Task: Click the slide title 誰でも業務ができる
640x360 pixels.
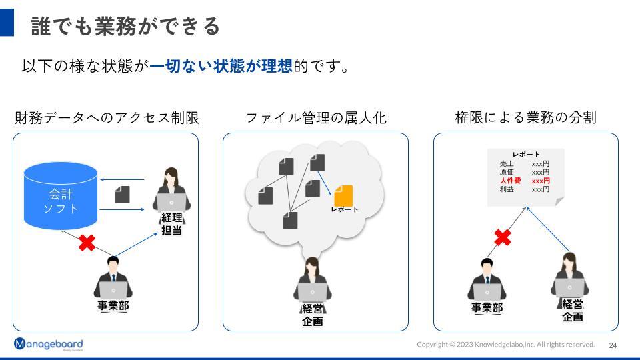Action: [125, 25]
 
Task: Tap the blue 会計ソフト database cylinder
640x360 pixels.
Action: [61, 197]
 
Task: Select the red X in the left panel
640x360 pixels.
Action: [87, 243]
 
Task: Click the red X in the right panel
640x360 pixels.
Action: [503, 237]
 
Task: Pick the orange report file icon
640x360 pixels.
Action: [343, 196]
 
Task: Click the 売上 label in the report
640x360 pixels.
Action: [507, 163]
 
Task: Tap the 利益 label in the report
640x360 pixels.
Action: [507, 189]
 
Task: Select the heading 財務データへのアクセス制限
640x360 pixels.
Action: [107, 118]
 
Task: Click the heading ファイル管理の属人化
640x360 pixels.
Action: [316, 118]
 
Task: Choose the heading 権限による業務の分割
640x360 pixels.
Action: [525, 118]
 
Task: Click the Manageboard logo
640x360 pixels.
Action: [48, 344]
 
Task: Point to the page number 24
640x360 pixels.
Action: [613, 345]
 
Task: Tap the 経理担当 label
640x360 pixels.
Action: [172, 224]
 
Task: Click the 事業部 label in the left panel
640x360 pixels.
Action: [113, 306]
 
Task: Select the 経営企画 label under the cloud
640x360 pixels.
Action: [312, 315]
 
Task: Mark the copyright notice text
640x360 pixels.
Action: [505, 345]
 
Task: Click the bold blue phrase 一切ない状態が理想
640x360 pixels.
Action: [221, 67]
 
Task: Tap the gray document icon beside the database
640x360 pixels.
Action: [122, 194]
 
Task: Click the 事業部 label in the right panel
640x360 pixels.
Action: [487, 307]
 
